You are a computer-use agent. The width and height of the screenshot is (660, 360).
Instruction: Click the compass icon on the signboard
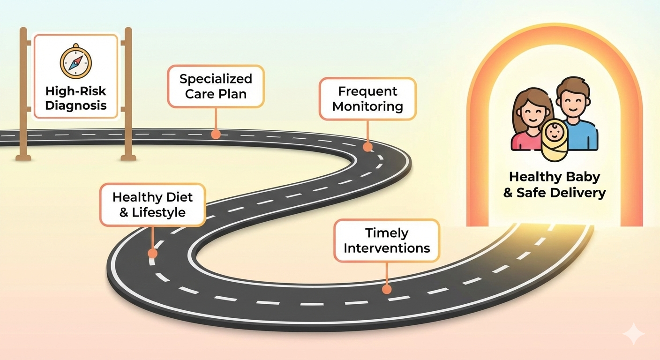(76, 62)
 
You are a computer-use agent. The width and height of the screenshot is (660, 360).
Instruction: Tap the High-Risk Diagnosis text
(76, 97)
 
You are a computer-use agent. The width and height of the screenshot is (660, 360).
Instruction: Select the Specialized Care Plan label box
(216, 86)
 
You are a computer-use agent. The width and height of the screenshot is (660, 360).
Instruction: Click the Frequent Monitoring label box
(367, 98)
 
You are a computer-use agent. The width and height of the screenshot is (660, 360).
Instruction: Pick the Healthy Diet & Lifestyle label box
(152, 205)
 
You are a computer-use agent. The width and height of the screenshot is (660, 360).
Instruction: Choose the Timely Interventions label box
(387, 240)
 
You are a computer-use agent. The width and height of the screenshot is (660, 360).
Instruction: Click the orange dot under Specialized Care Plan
(216, 134)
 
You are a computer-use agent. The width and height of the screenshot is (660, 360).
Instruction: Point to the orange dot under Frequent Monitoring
(367, 147)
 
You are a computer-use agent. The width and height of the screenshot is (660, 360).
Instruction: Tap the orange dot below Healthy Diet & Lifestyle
(152, 254)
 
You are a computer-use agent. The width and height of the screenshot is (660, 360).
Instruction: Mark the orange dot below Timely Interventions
(387, 289)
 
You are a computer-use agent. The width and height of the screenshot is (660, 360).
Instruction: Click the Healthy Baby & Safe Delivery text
(555, 185)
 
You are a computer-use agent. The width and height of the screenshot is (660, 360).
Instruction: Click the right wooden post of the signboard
(128, 94)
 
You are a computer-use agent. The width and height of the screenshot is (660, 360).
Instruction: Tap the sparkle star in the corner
(633, 334)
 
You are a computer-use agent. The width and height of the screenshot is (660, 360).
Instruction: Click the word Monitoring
(367, 106)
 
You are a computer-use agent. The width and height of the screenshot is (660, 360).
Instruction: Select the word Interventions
(387, 248)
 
